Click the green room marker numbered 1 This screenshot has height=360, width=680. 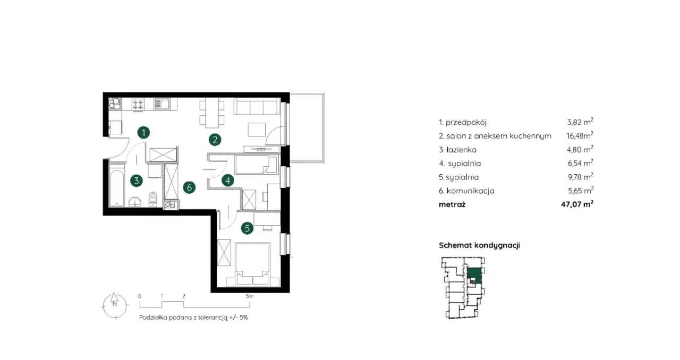(x=143, y=133)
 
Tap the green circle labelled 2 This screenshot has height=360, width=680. (x=215, y=140)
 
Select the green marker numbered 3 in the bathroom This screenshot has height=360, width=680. (x=137, y=181)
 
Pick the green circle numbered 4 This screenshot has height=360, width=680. (x=228, y=181)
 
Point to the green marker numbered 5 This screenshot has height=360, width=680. (x=247, y=228)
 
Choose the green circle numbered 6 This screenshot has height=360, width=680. (x=189, y=187)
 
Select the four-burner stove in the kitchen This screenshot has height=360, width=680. (x=138, y=105)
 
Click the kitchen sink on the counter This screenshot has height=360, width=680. (x=162, y=104)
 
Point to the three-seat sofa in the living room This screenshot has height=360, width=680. (x=257, y=106)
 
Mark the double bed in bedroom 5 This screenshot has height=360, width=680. (x=252, y=264)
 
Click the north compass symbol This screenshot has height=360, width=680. (x=115, y=306)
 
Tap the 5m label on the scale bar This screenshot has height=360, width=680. (x=250, y=296)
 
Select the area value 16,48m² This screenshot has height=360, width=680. (x=580, y=135)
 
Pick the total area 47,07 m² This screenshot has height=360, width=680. (x=577, y=204)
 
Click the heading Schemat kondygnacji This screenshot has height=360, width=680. (x=479, y=245)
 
